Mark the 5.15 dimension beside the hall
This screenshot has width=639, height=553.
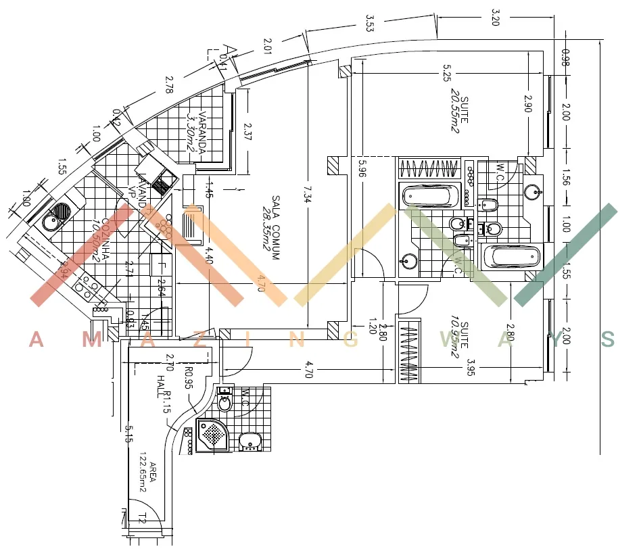click(x=127, y=433)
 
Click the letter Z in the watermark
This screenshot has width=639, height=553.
click(x=203, y=340)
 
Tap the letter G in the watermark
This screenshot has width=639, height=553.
click(x=350, y=340)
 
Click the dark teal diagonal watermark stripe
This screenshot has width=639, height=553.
click(x=565, y=255)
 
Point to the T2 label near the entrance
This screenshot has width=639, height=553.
click(x=143, y=519)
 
